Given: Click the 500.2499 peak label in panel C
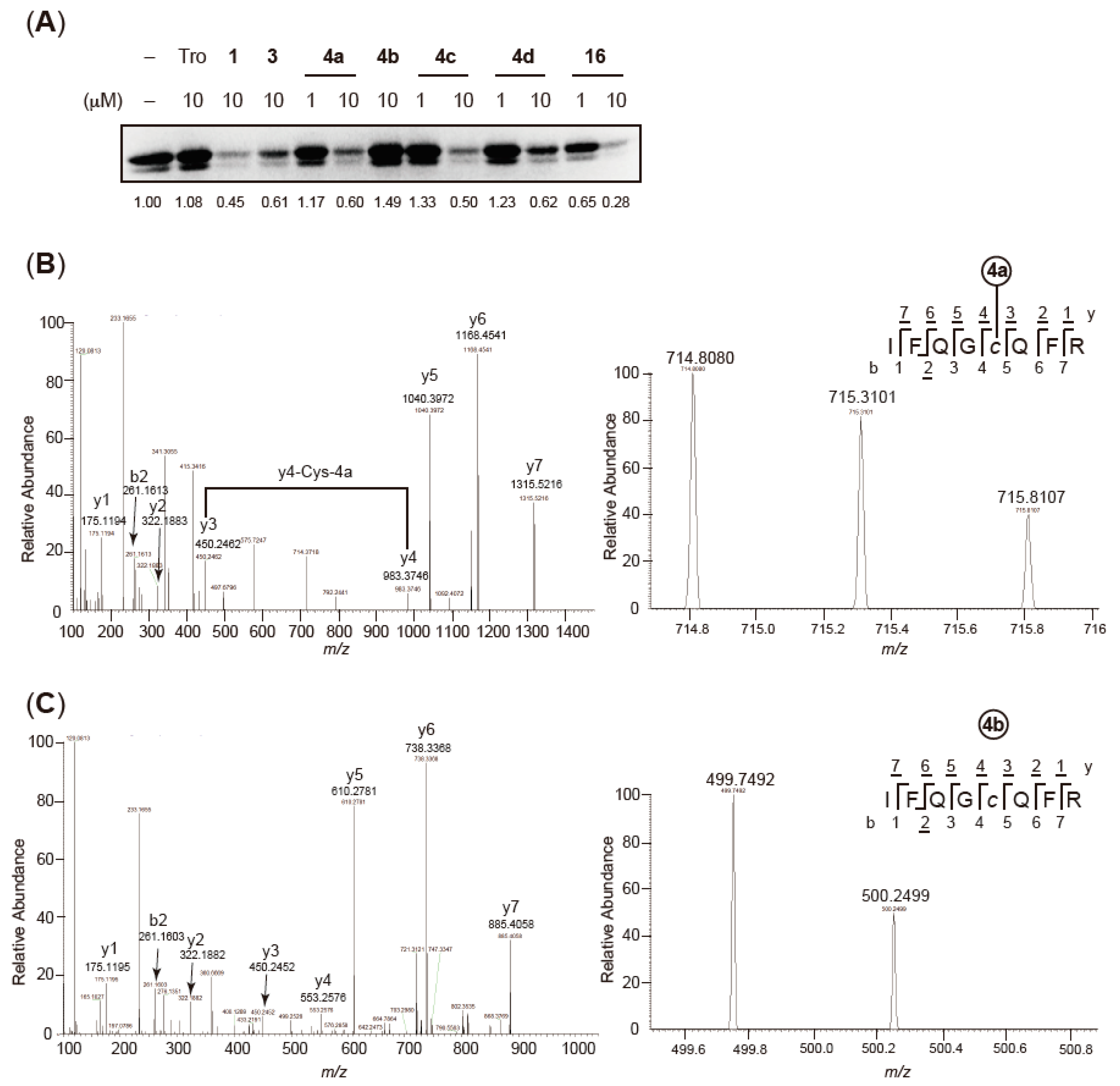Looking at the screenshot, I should click(x=895, y=895).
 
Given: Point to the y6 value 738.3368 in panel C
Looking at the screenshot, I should click(x=426, y=748).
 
